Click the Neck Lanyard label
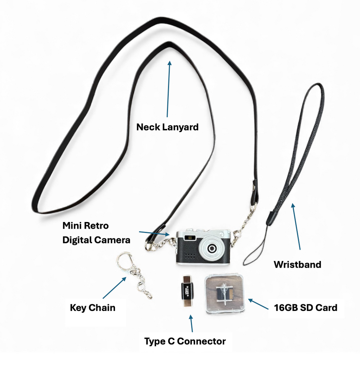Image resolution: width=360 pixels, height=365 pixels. (x=167, y=127)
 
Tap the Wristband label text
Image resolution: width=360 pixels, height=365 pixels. (x=297, y=264)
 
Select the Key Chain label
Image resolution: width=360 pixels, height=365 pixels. (x=92, y=308)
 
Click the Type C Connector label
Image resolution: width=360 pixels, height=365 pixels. (x=185, y=341)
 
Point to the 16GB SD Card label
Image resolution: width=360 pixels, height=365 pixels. (x=306, y=308)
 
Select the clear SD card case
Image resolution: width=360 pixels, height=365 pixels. (x=225, y=293)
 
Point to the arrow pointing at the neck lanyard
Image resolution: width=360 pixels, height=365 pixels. (x=169, y=90)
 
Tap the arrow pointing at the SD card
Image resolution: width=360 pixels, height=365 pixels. (x=258, y=304)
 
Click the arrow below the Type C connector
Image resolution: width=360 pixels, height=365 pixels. (x=192, y=324)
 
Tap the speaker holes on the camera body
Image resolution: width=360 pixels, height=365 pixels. (x=189, y=254)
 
